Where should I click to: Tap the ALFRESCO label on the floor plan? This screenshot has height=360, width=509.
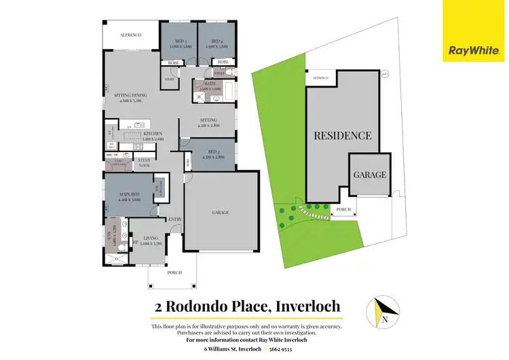tap(131, 34)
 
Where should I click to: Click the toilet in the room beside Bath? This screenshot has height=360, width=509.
tap(229, 72)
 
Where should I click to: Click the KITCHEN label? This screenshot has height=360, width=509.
tap(153, 134)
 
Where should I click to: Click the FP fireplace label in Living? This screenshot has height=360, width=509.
tap(135, 242)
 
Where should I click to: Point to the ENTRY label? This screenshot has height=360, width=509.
tap(175, 219)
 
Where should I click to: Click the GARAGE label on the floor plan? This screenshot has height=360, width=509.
tap(220, 212)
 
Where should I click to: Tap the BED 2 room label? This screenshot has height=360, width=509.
tap(212, 154)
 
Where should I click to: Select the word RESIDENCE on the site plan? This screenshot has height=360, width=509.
tap(342, 135)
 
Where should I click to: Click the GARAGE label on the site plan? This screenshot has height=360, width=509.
tap(369, 175)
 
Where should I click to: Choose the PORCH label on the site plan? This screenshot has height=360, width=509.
tap(343, 209)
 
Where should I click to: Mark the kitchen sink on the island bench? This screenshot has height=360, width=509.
tap(138, 125)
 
